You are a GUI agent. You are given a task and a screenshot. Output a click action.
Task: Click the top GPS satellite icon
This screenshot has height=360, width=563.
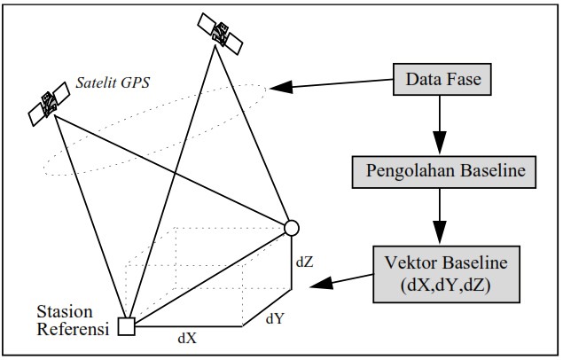(219, 35)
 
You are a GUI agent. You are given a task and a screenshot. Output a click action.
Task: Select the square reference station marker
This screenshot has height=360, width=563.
(127, 326)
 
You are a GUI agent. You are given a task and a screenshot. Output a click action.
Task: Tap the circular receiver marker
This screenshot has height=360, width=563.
(291, 228)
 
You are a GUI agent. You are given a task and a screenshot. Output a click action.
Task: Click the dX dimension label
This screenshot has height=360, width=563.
(187, 338)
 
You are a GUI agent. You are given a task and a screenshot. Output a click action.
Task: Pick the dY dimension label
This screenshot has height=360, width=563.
(274, 316)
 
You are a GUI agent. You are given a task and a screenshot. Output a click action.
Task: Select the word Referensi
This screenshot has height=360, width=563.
(71, 330)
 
